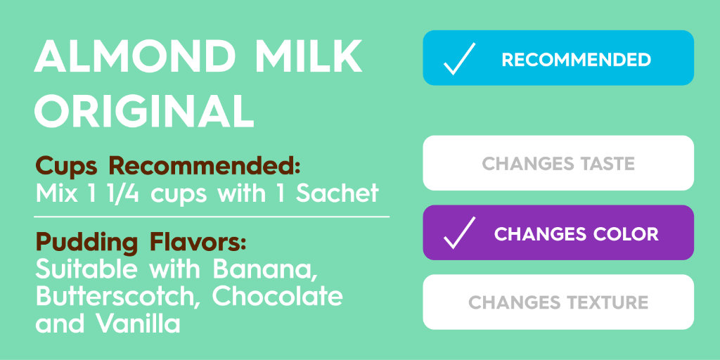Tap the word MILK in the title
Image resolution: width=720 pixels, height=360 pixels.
point(307,58)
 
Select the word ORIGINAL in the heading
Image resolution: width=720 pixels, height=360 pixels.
point(144,111)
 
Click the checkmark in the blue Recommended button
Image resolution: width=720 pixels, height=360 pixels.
point(460,59)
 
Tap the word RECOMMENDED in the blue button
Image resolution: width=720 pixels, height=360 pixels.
point(576,60)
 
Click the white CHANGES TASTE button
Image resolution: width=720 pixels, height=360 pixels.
point(558,163)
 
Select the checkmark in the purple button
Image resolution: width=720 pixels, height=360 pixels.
point(460,233)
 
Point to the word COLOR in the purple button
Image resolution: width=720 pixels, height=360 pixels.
point(624,233)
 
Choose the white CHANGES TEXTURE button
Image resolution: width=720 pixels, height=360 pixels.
point(558,302)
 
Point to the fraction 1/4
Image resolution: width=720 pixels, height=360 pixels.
point(128,192)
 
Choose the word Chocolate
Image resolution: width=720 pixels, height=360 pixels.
point(278,296)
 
